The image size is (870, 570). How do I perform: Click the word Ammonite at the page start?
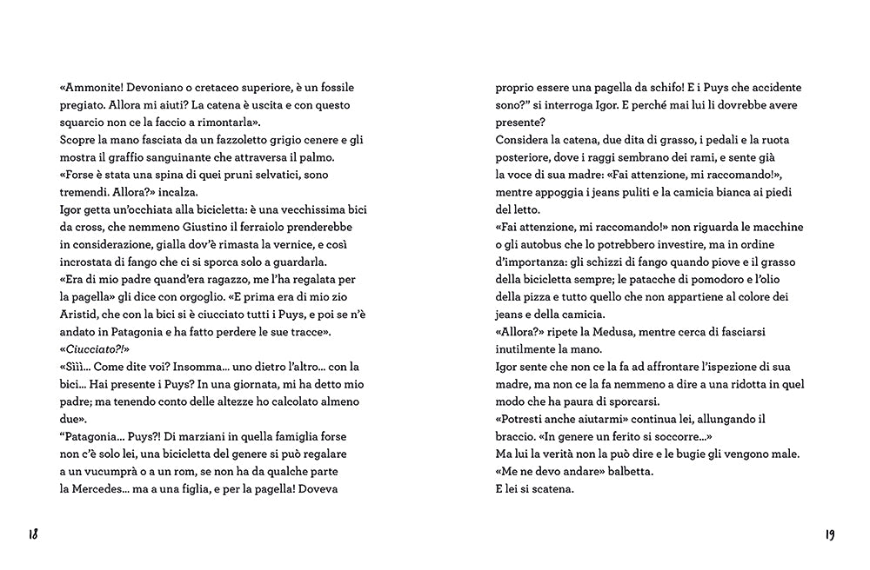tap(92, 88)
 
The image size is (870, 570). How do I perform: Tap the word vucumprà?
tap(105, 471)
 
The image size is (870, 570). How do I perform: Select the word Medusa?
tap(614, 332)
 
